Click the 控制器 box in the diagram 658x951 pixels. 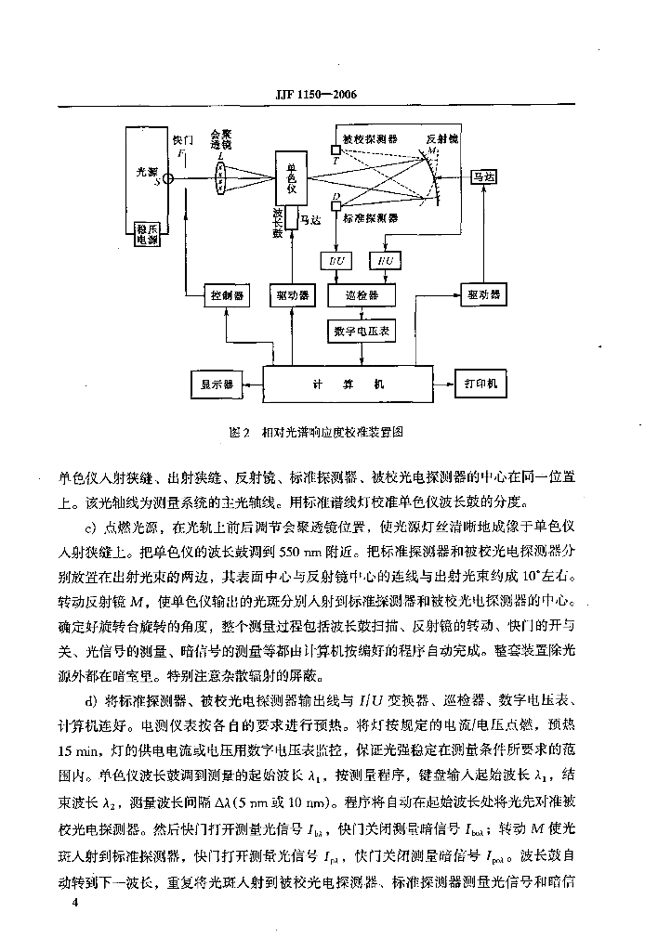[x=226, y=295]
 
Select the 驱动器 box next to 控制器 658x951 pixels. [x=293, y=295]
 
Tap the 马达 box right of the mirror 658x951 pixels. [x=482, y=176]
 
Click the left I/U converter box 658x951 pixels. [x=334, y=261]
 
